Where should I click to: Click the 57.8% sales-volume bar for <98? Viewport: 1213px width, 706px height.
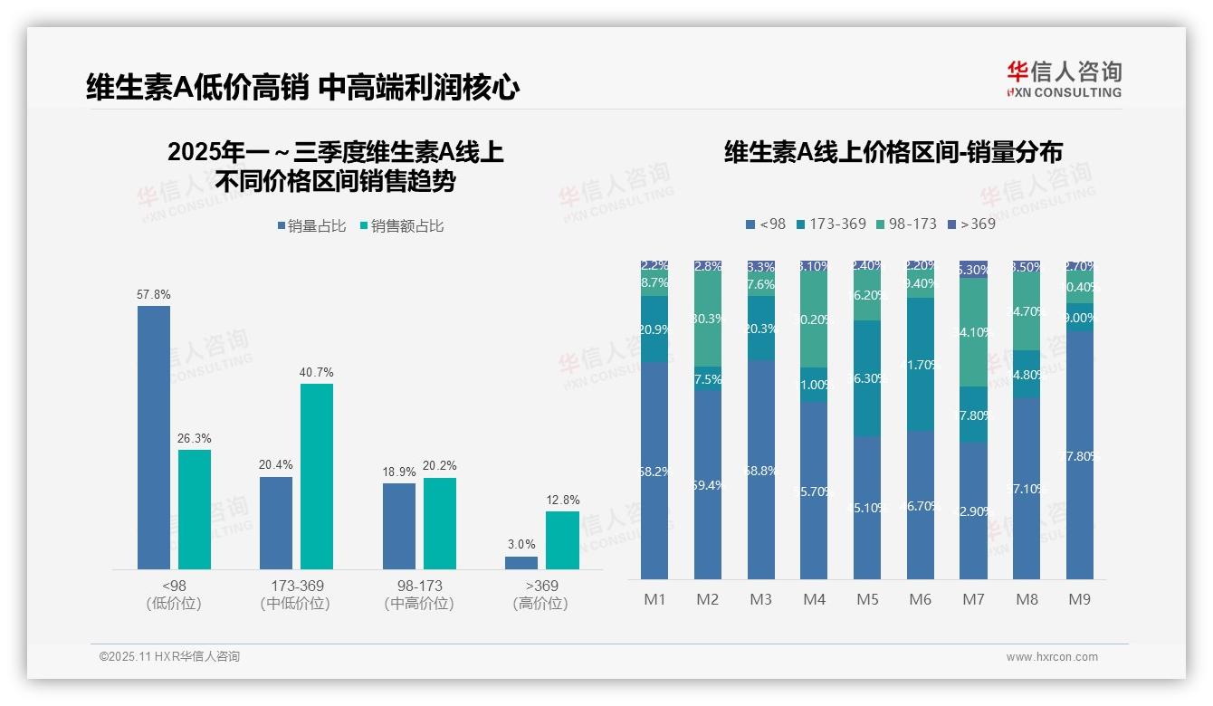coord(154,437)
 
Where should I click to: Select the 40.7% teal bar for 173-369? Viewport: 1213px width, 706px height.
coord(317,476)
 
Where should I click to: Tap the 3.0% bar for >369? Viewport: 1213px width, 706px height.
coord(521,562)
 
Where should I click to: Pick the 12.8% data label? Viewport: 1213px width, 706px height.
coord(563,500)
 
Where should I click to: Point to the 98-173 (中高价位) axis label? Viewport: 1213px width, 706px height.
coord(418,594)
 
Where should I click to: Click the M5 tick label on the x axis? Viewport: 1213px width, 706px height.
coord(867,599)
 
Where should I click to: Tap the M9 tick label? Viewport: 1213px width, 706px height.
coord(1080,599)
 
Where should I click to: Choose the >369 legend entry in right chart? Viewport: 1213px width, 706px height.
coord(970,224)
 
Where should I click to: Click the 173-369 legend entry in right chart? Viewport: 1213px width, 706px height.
coord(831,224)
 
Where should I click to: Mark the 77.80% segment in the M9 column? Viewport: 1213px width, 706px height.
coord(1080,455)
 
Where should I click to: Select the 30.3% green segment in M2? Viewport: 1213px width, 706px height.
coord(708,319)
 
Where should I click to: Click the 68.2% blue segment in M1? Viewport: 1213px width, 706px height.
coord(654,471)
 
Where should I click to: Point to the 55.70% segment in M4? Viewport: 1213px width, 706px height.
coord(814,491)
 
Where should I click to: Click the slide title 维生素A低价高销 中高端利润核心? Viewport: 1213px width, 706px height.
coord(302,87)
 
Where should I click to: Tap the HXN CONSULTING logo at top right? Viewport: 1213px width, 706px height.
coord(1064,80)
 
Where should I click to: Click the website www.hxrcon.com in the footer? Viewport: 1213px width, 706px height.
coord(1052,657)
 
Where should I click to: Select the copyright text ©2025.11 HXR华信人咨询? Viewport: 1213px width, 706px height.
coord(169,657)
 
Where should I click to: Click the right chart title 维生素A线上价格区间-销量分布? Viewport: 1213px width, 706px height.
coord(893,152)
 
